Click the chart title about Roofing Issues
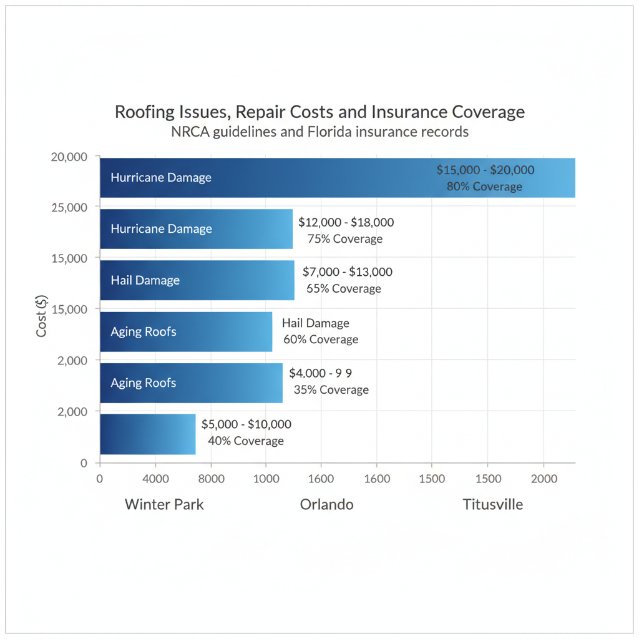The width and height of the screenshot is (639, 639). pyautogui.click(x=319, y=112)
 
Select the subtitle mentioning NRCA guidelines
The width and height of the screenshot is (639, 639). pyautogui.click(x=319, y=132)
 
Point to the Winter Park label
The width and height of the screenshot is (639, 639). pyautogui.click(x=164, y=504)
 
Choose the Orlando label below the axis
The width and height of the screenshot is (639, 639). pyautogui.click(x=326, y=504)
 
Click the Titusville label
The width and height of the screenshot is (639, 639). pyautogui.click(x=492, y=504)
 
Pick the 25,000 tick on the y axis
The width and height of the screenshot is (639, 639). pyautogui.click(x=69, y=207)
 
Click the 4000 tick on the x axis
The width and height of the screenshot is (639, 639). pyautogui.click(x=156, y=479)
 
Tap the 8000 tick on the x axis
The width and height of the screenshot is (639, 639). pyautogui.click(x=211, y=479)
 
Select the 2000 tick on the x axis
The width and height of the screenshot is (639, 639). pyautogui.click(x=544, y=479)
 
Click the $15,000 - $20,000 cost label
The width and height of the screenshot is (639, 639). pyautogui.click(x=485, y=170)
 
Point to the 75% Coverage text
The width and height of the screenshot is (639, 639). pyautogui.click(x=345, y=239)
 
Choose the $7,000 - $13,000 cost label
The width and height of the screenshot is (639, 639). pyautogui.click(x=347, y=271)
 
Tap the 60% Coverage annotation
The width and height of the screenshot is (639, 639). pyautogui.click(x=321, y=339)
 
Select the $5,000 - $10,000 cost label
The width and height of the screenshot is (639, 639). pyautogui.click(x=246, y=424)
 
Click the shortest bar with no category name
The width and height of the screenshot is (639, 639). pyautogui.click(x=148, y=434)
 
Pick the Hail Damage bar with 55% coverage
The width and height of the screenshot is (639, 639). pyautogui.click(x=197, y=280)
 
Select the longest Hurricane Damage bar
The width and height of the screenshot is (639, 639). pyautogui.click(x=337, y=178)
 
